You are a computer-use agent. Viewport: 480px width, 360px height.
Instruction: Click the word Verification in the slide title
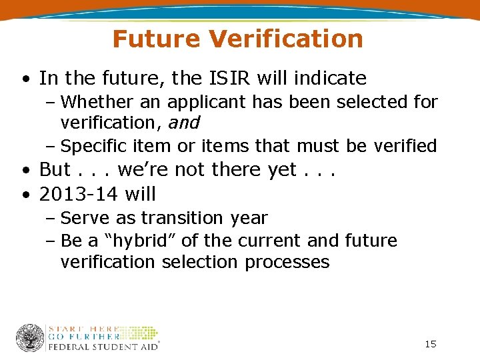point(286,39)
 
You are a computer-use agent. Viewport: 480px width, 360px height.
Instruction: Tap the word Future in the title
point(157,39)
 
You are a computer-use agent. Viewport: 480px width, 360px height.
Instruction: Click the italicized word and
point(184,123)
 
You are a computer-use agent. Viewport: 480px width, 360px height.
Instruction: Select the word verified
point(410,145)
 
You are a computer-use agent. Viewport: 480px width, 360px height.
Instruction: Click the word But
point(55,169)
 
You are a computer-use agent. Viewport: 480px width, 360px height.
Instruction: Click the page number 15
point(430,344)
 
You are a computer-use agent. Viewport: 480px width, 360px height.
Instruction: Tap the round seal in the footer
point(30,338)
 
